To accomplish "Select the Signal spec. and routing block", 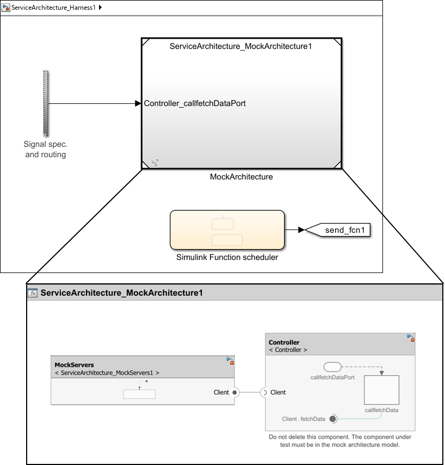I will pos(46,103).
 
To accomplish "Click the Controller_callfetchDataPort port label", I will pos(195,103).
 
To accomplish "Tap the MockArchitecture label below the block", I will pos(242,177).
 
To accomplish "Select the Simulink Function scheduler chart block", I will pos(227,229).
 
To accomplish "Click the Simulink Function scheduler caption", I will pos(227,257).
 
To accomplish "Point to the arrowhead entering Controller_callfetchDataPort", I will pos(138,103).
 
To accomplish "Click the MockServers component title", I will pos(74,364).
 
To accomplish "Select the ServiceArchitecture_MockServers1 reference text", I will pos(107,373).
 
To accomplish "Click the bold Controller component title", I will pos(284,342).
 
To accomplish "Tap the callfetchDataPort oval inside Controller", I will pos(332,366).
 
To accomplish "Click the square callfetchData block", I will pos(381,390).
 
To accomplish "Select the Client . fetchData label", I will pos(304,419).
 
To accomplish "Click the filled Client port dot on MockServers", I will pos(234,392).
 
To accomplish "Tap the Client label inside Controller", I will pos(278,392).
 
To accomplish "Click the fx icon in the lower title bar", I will pos(33,293).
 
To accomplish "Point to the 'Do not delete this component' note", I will pos(340,441).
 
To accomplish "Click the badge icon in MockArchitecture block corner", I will pos(154,163).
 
